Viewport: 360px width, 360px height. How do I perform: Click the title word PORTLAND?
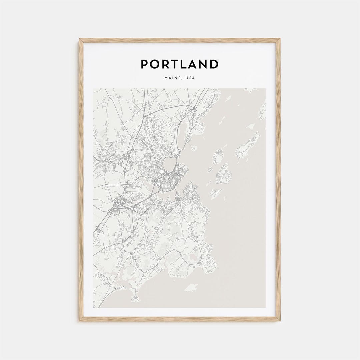(180, 64)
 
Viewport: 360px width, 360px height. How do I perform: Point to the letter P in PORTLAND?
(144, 64)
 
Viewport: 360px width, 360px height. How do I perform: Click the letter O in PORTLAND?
(155, 64)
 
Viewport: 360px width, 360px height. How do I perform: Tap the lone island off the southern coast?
(192, 287)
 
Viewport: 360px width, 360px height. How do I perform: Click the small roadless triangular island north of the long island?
(251, 126)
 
